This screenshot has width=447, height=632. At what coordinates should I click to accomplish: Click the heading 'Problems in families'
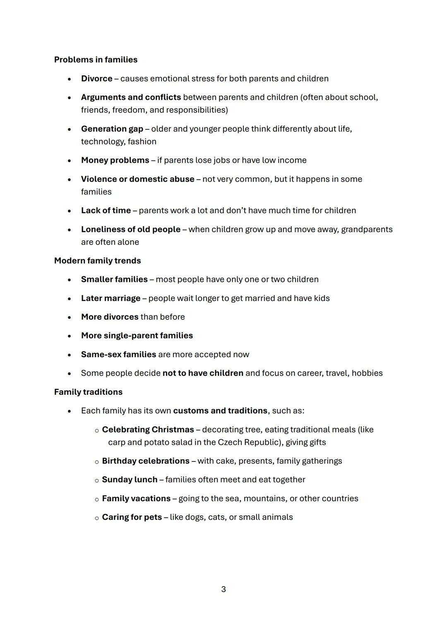click(96, 60)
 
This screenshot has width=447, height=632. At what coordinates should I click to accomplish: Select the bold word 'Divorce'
click(96, 79)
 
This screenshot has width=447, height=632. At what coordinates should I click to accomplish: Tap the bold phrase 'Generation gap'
click(112, 129)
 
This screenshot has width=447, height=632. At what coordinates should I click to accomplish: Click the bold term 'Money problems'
click(115, 160)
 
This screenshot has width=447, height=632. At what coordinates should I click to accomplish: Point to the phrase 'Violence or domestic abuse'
click(137, 179)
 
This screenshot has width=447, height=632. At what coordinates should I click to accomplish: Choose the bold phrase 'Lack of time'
click(106, 210)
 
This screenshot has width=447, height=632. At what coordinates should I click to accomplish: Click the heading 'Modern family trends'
click(97, 261)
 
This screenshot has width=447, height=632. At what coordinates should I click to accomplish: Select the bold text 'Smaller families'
click(114, 279)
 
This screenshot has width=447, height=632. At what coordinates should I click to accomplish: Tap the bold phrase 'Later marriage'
click(111, 298)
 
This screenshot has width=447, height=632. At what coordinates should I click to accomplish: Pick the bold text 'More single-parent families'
click(137, 336)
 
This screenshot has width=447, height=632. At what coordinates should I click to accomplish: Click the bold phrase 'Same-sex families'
click(118, 355)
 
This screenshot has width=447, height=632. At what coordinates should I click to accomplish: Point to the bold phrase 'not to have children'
click(203, 373)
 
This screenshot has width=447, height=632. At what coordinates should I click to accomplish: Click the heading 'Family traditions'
click(88, 392)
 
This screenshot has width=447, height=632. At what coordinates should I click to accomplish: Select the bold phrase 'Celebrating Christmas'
click(148, 430)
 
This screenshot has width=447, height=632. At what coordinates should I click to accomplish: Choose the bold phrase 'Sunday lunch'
click(130, 480)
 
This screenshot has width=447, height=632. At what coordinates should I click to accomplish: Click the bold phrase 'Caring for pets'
click(132, 517)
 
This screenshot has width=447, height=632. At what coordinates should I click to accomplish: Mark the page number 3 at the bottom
click(223, 589)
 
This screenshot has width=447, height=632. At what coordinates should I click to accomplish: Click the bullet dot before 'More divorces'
click(70, 317)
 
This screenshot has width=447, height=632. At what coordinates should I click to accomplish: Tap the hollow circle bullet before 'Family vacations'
click(97, 500)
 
